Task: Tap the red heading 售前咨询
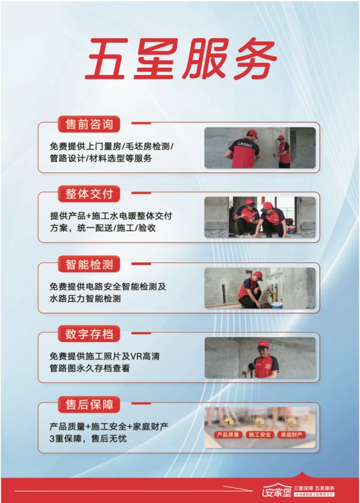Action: click(x=88, y=124)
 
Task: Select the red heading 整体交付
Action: click(x=88, y=194)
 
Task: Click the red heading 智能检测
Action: click(x=88, y=264)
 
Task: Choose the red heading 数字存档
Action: click(x=88, y=334)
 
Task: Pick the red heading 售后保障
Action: click(x=88, y=403)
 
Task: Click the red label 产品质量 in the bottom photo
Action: click(x=227, y=435)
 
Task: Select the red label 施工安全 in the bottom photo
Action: click(x=260, y=435)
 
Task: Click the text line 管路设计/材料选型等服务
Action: click(x=101, y=158)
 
